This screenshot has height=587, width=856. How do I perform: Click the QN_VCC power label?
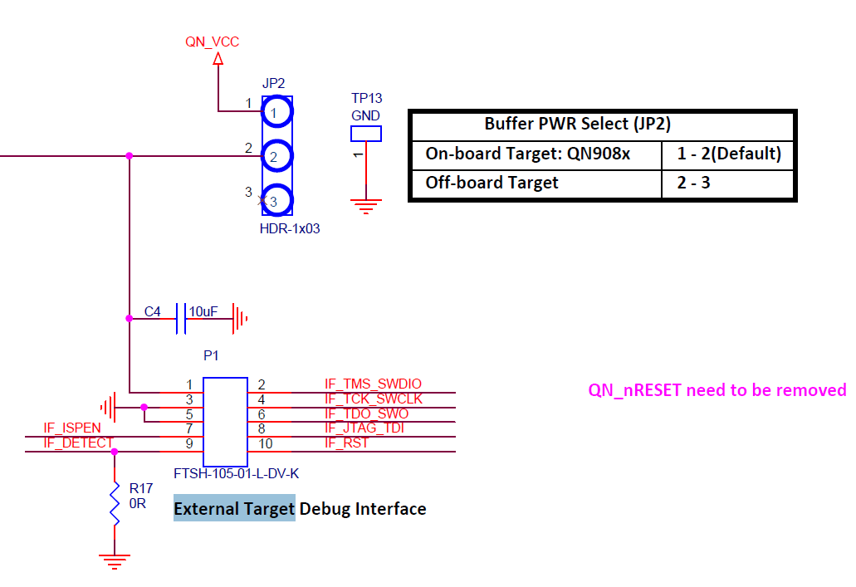212,42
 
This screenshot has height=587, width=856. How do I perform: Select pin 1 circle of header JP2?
277,110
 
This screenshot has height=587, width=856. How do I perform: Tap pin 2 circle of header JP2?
277,154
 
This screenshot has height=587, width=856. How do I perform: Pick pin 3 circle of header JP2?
277,199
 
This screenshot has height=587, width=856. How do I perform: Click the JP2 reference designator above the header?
273,83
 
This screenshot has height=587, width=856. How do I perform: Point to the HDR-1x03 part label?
290,228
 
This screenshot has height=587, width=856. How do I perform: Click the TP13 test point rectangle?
366,133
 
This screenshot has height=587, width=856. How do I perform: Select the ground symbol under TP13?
366,205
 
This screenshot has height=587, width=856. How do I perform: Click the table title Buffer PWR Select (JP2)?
577,125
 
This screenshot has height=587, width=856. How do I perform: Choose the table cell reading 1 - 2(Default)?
729,154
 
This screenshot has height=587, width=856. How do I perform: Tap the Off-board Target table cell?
492,183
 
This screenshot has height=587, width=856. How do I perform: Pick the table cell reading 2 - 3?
693,183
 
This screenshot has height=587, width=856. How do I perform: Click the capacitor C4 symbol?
182,318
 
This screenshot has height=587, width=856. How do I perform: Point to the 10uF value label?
203,311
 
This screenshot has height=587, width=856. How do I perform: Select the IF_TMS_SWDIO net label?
373,384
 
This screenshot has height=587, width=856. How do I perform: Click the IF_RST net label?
346,443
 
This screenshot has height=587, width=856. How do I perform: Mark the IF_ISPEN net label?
72,428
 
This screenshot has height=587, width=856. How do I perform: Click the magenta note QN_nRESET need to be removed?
717,390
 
